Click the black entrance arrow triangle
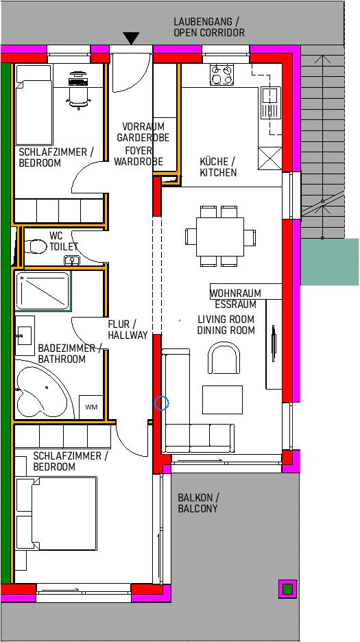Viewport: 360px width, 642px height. pos(131,38)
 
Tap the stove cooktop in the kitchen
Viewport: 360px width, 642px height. pos(221,75)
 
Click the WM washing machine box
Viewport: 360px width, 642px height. pos(91,407)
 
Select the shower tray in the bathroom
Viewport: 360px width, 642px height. pos(43,291)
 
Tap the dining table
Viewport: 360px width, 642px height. pos(220,237)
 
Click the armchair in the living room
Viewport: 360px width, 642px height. pos(224,358)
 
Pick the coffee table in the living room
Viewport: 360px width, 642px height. pos(222,400)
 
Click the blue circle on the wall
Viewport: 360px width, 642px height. pos(162,403)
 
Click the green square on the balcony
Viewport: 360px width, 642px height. pos(287,588)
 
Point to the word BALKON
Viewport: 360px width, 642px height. pos(195,498)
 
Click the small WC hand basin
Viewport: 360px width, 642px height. pos(73,260)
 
